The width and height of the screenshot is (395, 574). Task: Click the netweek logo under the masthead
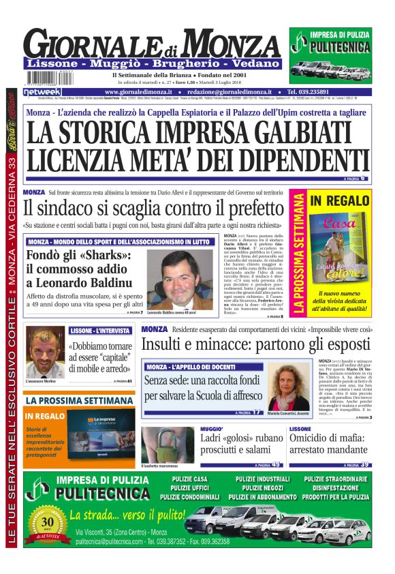pos(42,91)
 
